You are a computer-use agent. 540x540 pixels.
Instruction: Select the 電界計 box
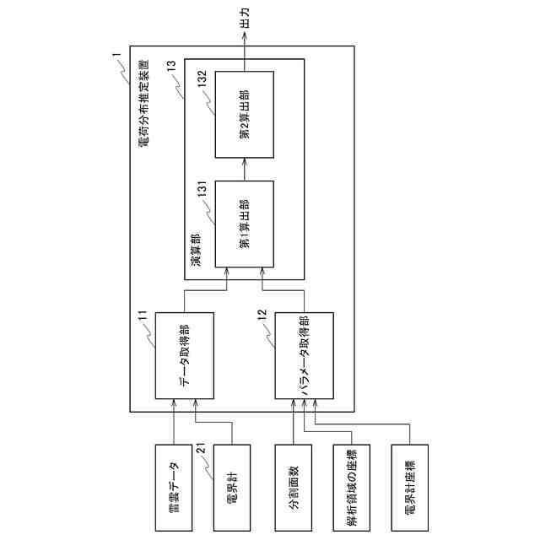[x=232, y=477]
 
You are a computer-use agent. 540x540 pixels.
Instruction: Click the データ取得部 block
[x=184, y=356]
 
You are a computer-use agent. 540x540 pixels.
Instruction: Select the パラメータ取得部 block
[x=305, y=356]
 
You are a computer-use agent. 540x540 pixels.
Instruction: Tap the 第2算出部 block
[x=245, y=114]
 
